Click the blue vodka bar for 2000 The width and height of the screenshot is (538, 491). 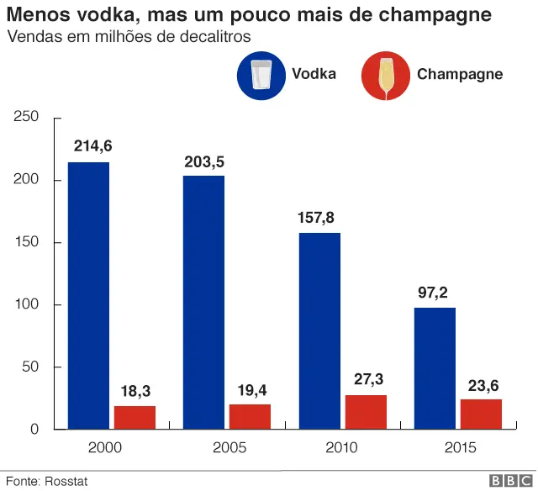tap(88, 295)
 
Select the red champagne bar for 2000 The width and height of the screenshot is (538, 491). tap(134, 418)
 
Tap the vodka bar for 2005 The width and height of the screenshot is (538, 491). tap(203, 302)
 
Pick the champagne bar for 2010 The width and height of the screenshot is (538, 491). tap(366, 412)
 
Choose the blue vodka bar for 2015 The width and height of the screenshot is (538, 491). tap(435, 368)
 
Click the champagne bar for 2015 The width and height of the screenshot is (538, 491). tap(481, 414)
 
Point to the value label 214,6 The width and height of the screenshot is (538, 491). tap(92, 146)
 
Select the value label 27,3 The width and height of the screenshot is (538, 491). tap(367, 379)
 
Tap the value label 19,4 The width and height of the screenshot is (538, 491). tap(251, 389)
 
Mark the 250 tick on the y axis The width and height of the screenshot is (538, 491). tap(28, 117)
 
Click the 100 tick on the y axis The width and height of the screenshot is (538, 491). tap(28, 304)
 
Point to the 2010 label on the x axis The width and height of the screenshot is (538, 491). tap(342, 448)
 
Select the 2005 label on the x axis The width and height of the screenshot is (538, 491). tap(227, 448)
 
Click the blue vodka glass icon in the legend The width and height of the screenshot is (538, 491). tap(261, 74)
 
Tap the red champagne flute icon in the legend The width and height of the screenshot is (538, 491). tap(384, 75)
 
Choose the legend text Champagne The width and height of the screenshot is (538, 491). tap(460, 74)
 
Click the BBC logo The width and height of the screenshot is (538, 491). tap(507, 480)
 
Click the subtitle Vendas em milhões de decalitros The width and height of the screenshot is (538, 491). tap(129, 37)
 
